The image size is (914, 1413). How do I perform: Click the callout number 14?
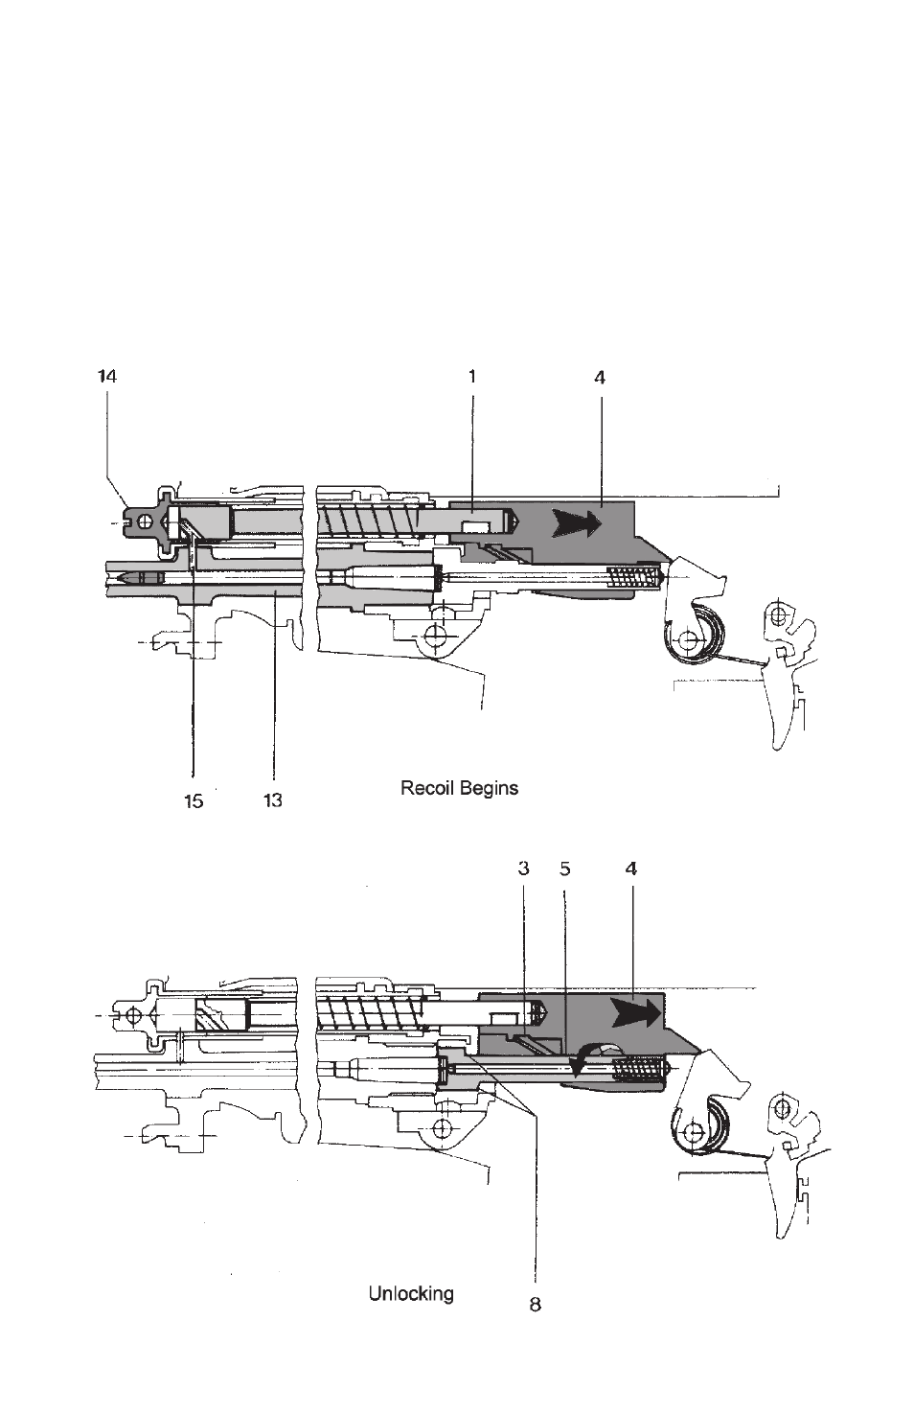(x=107, y=377)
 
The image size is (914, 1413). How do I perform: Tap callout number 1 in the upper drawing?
(x=471, y=377)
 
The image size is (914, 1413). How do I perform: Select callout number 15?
(x=194, y=801)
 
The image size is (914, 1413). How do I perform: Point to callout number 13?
(x=273, y=801)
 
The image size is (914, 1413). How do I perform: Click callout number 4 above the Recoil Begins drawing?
(x=600, y=378)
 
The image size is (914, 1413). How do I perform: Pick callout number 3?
(x=524, y=869)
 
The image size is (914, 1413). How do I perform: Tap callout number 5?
(x=565, y=869)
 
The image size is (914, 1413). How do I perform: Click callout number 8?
(x=536, y=1304)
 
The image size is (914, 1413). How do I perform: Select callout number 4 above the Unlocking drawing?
(x=631, y=869)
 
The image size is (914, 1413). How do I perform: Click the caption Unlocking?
(x=411, y=1294)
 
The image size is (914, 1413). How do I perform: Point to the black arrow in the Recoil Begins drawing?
(x=574, y=523)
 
